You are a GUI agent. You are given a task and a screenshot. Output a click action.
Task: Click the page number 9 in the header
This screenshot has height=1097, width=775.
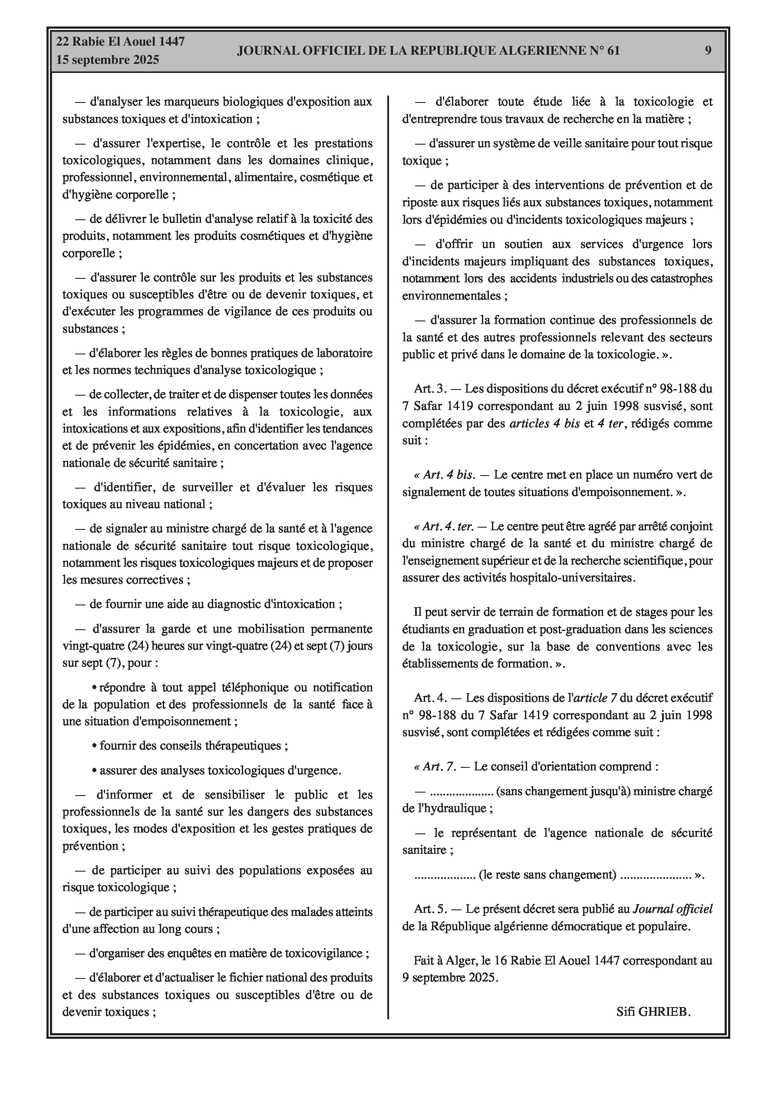pos(708,51)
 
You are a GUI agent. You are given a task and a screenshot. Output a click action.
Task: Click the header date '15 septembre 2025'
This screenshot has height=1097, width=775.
pos(108,60)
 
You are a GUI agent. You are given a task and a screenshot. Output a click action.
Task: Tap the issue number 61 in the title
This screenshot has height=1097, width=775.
pos(613,51)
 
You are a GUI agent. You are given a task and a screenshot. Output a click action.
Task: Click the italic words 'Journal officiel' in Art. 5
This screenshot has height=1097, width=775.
pos(672,909)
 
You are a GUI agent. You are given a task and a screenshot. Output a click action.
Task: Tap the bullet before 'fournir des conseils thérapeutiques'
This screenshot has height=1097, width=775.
pos(94,746)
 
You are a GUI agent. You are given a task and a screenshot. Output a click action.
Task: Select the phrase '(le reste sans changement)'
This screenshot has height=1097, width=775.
pos(547,875)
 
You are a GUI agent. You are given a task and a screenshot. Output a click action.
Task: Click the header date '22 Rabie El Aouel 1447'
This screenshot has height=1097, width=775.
pos(120,42)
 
